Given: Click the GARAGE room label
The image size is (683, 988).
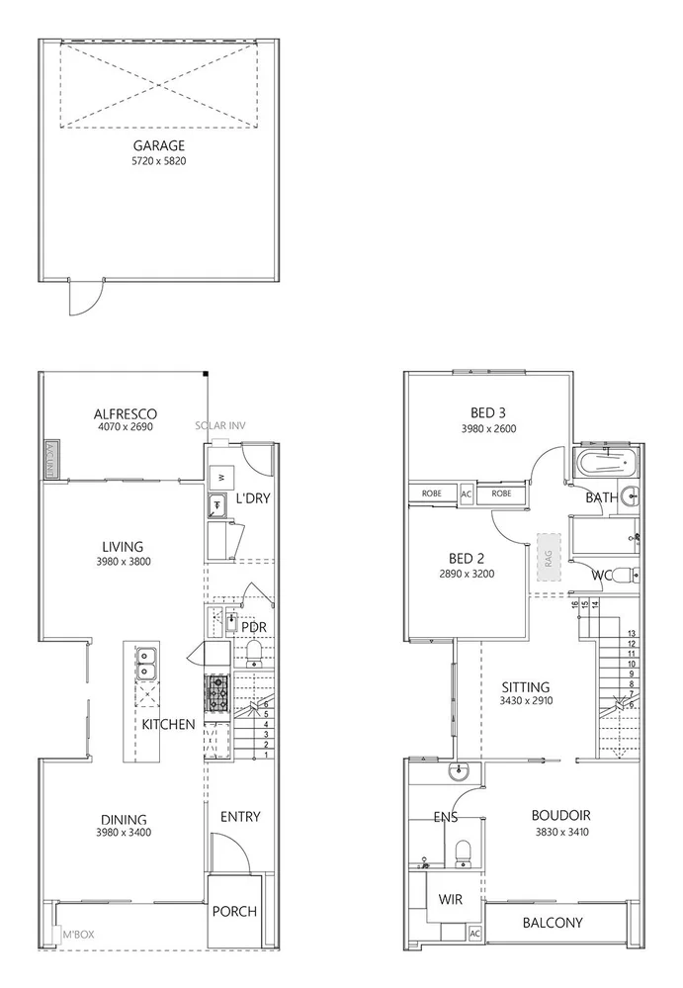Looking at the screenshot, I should point(159,145).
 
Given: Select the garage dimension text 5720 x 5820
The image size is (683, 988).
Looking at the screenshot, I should point(159,161).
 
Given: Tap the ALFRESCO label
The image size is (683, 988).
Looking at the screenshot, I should point(126,413).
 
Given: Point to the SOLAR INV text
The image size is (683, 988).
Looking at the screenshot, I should point(219,426).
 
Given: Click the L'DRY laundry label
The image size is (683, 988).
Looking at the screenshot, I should point(253,498).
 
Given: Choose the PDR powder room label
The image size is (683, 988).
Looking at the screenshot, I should point(254,627).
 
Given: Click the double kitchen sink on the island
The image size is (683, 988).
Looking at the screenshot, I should point(144,663).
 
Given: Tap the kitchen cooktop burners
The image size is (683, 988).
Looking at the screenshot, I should point(217,692).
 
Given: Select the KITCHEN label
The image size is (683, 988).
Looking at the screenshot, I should point(168,725).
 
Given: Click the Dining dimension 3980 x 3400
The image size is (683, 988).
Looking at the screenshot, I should point(124,833).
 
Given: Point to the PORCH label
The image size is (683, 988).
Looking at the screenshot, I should point(234,911).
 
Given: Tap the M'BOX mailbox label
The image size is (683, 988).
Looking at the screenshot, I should point(77,934).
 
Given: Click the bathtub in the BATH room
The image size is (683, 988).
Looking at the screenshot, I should point(606,463).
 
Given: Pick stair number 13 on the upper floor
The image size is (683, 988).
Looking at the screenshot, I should point(631,633).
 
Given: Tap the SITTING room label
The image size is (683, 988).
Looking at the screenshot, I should point(525,686).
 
